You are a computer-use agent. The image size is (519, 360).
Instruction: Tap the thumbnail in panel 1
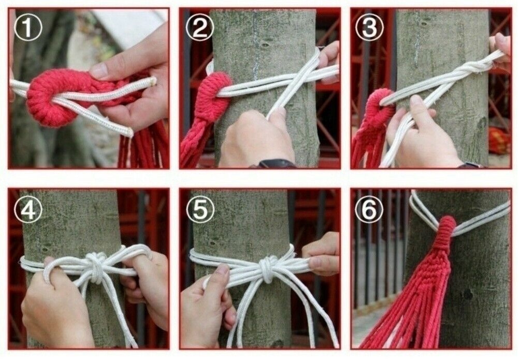click(99, 70)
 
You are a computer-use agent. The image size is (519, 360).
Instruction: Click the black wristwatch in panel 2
click(277, 164)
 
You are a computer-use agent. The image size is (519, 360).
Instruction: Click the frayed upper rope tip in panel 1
click(153, 80)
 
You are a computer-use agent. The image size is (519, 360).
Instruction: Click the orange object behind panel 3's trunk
click(499, 140)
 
